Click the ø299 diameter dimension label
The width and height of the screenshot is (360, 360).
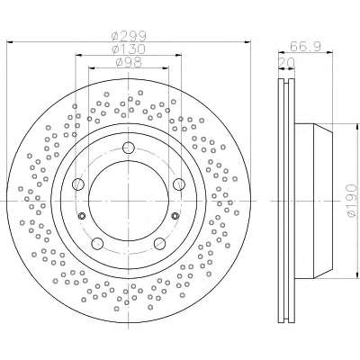[129, 37]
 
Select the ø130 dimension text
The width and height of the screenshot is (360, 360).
[129, 49]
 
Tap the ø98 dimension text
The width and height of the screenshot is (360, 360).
[129, 62]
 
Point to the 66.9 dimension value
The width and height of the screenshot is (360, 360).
[306, 47]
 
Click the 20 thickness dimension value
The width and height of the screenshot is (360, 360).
[286, 63]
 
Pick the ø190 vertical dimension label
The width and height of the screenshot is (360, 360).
[351, 201]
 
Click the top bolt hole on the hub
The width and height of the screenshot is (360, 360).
[129, 147]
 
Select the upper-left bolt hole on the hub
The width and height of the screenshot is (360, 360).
[78, 184]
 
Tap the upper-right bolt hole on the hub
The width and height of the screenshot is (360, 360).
[179, 184]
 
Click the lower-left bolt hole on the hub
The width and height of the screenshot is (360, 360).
[97, 243]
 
